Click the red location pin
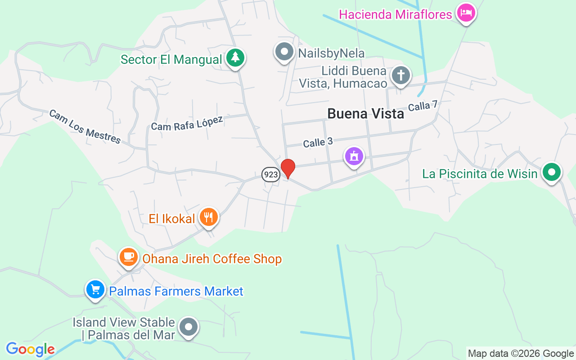tap(288, 169)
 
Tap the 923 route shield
tap(271, 174)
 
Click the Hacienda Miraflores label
tap(395, 14)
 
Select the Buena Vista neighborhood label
tap(365, 113)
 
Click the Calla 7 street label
tap(423, 106)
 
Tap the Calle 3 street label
tap(318, 143)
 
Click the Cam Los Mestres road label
tap(85, 126)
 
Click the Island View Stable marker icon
tap(189, 327)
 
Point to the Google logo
tap(30, 349)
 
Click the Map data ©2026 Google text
tap(521, 354)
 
